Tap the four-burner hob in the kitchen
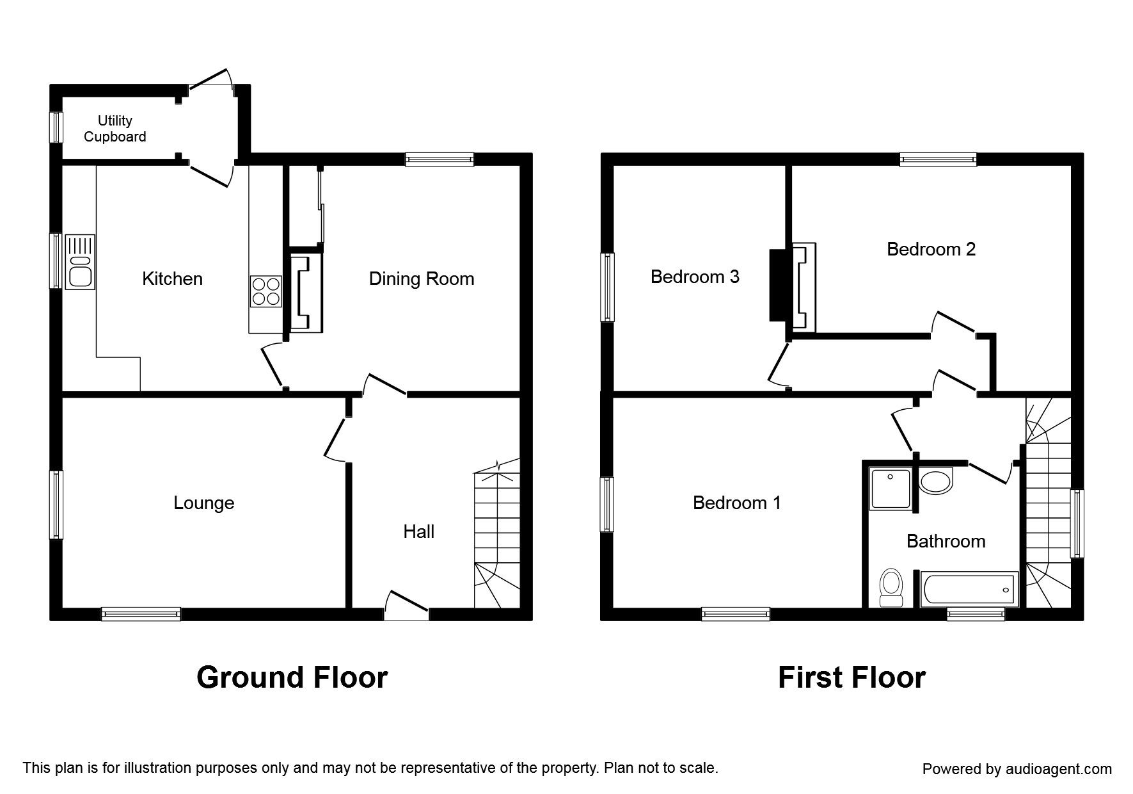265,291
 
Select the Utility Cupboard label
115,129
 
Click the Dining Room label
422,279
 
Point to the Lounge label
204,503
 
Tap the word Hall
419,531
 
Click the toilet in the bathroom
891,588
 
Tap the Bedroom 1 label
737,503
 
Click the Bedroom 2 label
931,249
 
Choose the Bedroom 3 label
695,277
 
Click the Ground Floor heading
292,677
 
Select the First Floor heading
852,677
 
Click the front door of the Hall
407,605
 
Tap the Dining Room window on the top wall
440,159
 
